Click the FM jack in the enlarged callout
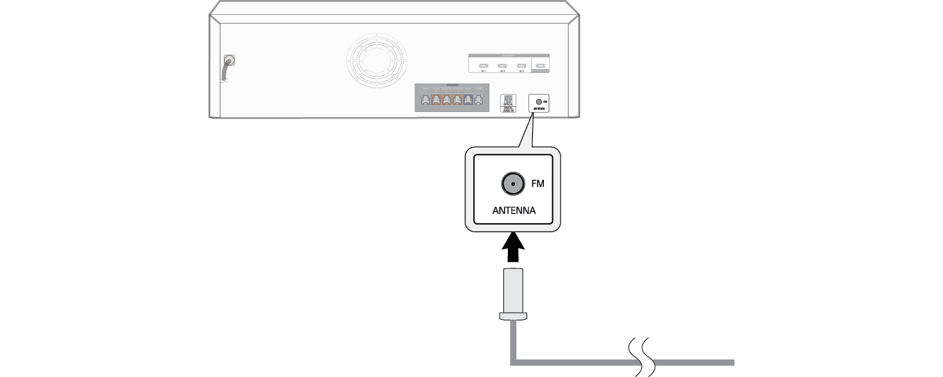pyautogui.click(x=512, y=185)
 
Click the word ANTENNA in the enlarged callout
pyautogui.click(x=514, y=210)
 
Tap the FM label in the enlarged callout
pyautogui.click(x=537, y=184)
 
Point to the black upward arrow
pyautogui.click(x=512, y=249)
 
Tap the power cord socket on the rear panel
pyautogui.click(x=229, y=62)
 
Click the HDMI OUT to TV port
pyautogui.click(x=541, y=66)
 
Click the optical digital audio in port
pyautogui.click(x=508, y=100)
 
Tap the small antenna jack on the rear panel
pyautogui.click(x=538, y=102)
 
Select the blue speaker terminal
pyautogui.click(x=468, y=100)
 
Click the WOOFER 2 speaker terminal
pyautogui.click(x=446, y=100)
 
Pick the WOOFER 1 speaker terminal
pyautogui.click(x=457, y=100)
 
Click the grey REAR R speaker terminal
pyautogui.click(x=425, y=100)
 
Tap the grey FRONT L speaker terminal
pyautogui.click(x=478, y=100)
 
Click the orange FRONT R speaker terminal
pyautogui.click(x=436, y=100)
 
